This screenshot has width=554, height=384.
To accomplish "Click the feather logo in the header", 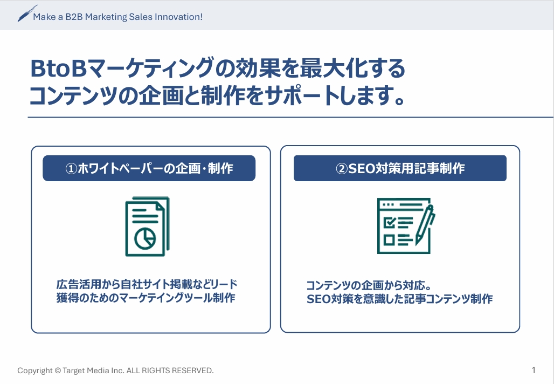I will [x=27, y=13].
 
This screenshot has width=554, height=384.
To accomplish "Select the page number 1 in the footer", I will [x=534, y=370].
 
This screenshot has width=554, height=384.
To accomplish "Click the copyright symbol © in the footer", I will [x=58, y=371].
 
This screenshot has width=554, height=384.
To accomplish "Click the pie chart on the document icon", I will [x=144, y=238].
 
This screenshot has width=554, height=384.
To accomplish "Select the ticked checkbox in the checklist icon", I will [x=387, y=222].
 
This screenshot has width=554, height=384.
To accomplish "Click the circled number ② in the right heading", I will [x=342, y=169].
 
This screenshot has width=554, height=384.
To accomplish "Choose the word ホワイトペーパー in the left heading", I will [x=120, y=169].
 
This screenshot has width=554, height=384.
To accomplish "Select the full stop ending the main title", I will [x=398, y=101].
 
